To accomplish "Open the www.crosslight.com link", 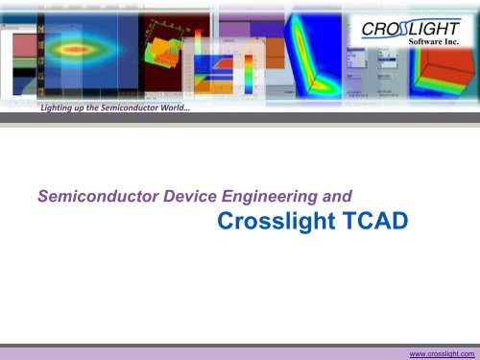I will (x=442, y=354).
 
